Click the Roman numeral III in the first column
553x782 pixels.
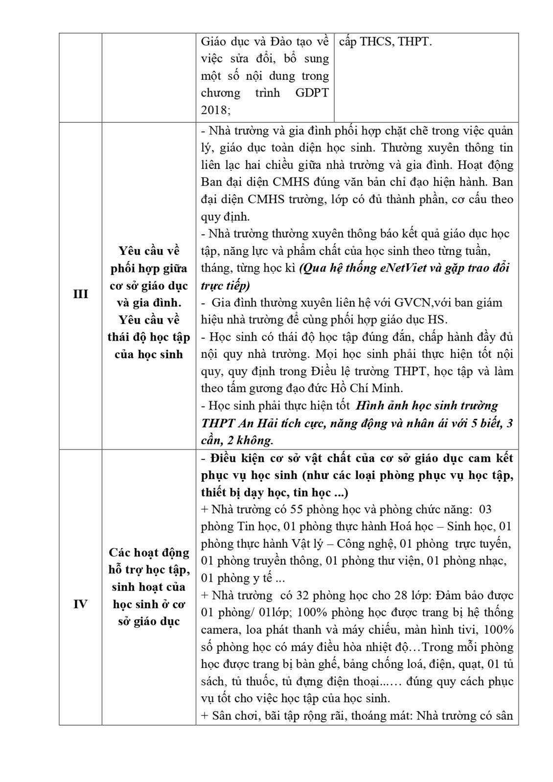point(80,294)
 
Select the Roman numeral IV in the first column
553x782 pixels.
point(80,604)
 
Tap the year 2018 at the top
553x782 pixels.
point(214,110)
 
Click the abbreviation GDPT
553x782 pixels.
point(312,93)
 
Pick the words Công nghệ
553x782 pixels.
point(360,544)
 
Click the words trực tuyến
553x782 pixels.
point(483,544)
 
